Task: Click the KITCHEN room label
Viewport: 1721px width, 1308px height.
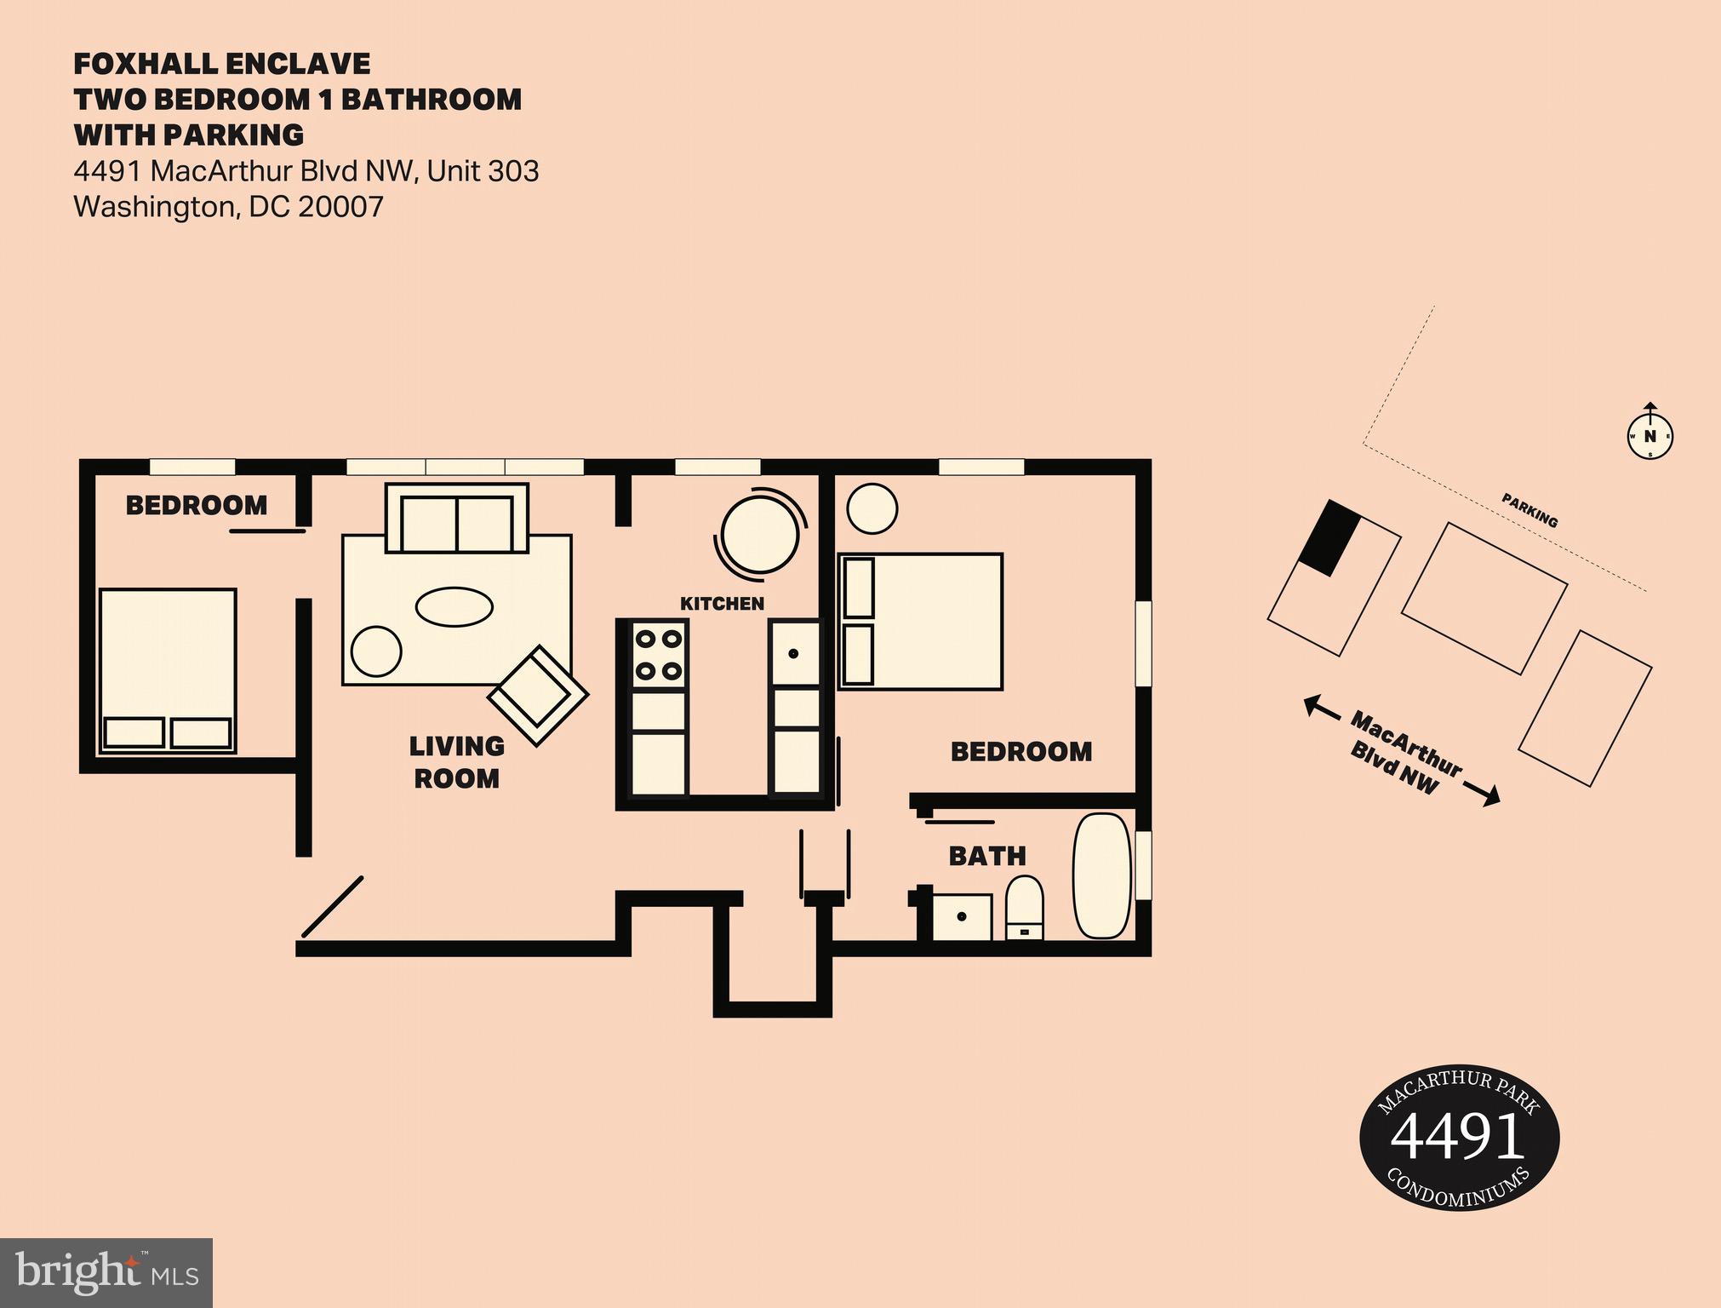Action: [722, 604]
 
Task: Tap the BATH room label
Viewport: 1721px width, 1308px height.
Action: [987, 856]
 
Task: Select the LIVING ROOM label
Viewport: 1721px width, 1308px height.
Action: [456, 762]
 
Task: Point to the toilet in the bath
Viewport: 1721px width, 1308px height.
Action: [1025, 908]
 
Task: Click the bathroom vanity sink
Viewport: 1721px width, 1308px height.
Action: [962, 917]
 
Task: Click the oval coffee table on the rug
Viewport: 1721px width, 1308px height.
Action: [455, 607]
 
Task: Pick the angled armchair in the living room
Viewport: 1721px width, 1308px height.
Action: [538, 696]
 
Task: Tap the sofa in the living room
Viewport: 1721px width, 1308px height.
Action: [457, 518]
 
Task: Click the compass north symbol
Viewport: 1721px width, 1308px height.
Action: [1650, 435]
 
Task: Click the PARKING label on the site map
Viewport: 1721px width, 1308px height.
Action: [1529, 510]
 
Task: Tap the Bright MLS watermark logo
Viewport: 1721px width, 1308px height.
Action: [106, 1272]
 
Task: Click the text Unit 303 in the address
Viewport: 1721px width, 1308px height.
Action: [483, 171]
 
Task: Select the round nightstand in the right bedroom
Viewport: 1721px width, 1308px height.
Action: [872, 508]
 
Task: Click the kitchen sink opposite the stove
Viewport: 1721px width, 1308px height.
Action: [795, 654]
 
